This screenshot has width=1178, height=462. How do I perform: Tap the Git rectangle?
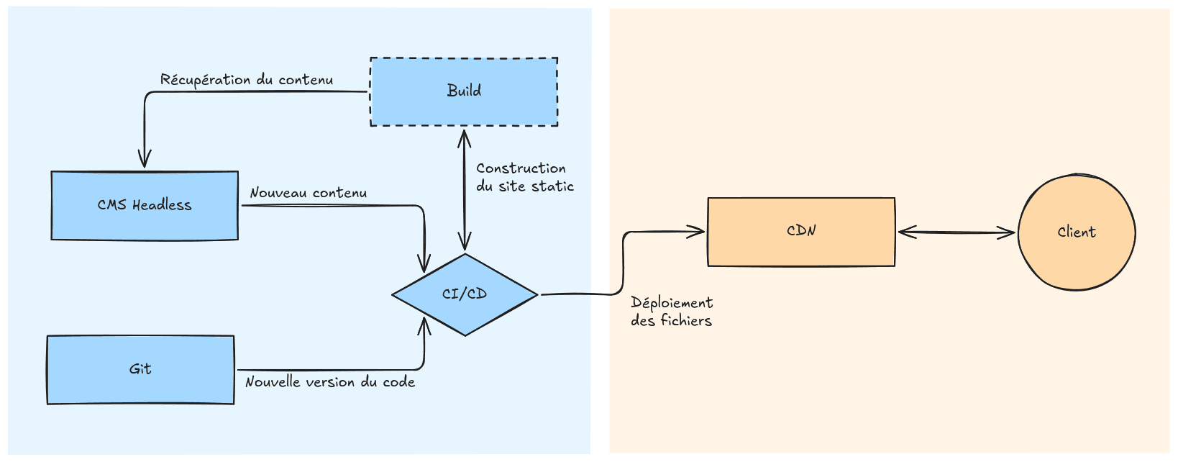pos(140,385)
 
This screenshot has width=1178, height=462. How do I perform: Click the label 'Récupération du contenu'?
pos(247,80)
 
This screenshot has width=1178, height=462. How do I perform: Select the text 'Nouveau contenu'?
pos(308,193)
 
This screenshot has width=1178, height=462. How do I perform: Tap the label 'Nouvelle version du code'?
pos(330,382)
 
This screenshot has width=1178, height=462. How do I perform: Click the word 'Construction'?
pos(521,168)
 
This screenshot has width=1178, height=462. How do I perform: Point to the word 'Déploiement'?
pos(672,303)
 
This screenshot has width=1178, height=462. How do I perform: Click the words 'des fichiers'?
pos(671,321)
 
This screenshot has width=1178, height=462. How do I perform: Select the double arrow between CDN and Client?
pos(956,232)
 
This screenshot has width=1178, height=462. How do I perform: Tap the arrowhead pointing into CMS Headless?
pos(145,160)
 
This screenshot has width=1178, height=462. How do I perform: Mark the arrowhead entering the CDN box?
pos(697,232)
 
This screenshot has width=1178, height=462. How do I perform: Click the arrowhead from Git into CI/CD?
pos(424,326)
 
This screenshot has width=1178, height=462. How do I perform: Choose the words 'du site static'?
pos(525,186)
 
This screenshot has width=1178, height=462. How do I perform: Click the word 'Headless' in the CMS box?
pos(162,205)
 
